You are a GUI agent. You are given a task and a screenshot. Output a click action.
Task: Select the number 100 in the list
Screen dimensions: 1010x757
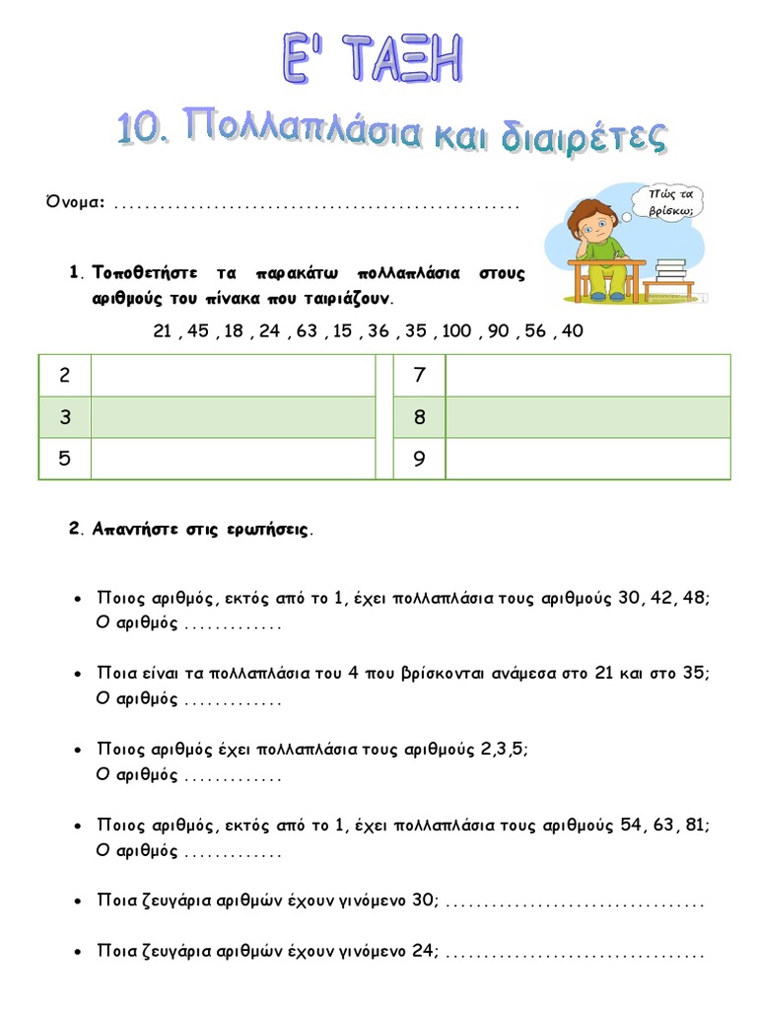(x=456, y=331)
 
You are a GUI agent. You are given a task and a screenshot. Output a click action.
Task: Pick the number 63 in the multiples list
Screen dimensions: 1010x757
(x=307, y=331)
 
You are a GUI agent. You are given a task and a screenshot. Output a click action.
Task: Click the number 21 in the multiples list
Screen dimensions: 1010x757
(x=164, y=331)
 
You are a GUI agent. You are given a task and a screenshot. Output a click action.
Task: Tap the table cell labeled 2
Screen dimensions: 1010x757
(x=65, y=375)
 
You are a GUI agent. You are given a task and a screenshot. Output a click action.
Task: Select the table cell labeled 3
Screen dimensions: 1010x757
(x=65, y=417)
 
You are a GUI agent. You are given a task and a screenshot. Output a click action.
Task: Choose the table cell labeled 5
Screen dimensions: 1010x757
(x=65, y=459)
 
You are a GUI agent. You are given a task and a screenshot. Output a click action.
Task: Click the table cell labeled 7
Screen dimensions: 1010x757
(x=419, y=375)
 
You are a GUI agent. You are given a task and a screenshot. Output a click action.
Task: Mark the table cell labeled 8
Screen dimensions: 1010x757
(x=419, y=417)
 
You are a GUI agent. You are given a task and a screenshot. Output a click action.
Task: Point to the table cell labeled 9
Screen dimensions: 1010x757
(x=419, y=459)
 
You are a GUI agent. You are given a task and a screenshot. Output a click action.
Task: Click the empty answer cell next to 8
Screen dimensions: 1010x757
(x=587, y=417)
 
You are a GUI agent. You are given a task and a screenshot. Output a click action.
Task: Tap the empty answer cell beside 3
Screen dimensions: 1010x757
(x=233, y=417)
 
